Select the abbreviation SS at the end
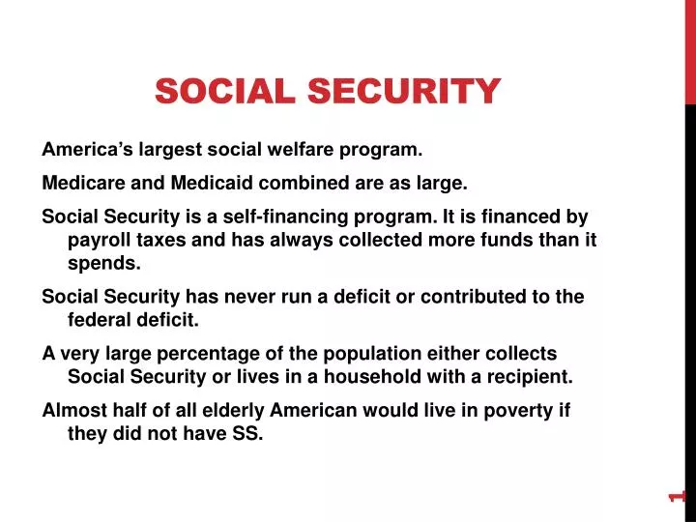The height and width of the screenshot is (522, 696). [x=246, y=433]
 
